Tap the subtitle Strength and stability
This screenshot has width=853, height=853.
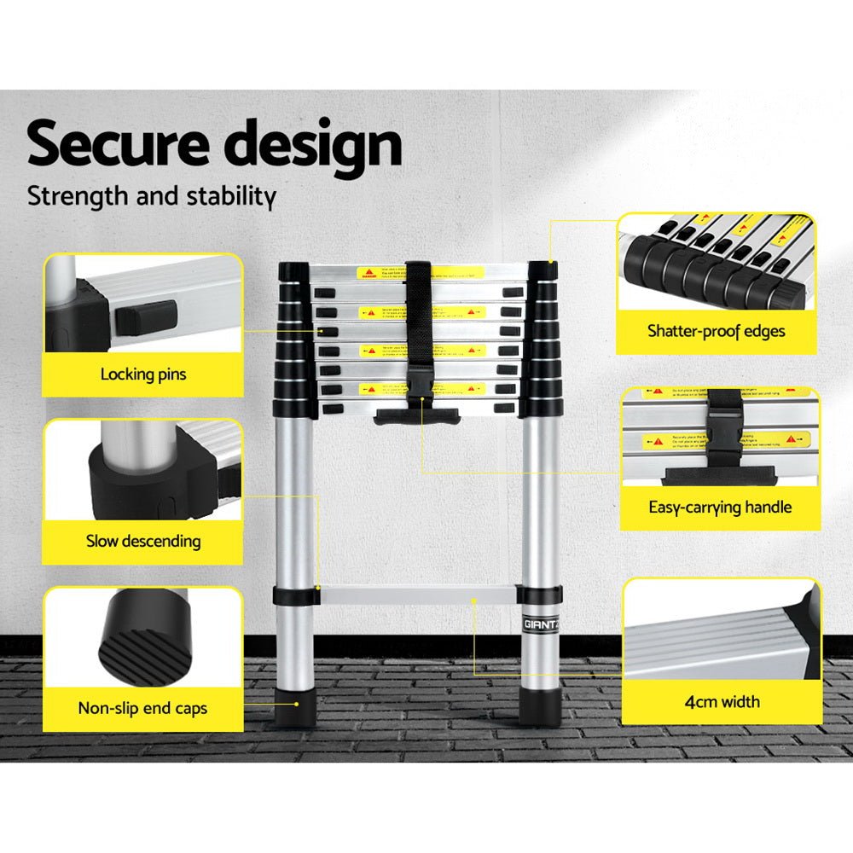pyautogui.click(x=151, y=195)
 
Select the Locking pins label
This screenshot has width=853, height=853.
pyautogui.click(x=142, y=374)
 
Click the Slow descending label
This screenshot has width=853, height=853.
pyautogui.click(x=142, y=541)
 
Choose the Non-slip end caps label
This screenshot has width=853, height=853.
pyautogui.click(x=142, y=708)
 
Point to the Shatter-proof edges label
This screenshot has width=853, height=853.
pyautogui.click(x=716, y=331)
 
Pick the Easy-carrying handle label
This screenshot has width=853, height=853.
pyautogui.click(x=720, y=508)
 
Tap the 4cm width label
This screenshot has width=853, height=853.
pyautogui.click(x=722, y=702)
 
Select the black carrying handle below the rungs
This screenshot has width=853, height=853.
pyautogui.click(x=418, y=415)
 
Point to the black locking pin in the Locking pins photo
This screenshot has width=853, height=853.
pyautogui.click(x=144, y=317)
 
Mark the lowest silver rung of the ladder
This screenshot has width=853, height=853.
pyautogui.click(x=418, y=595)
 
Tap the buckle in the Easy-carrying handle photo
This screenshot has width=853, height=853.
pyautogui.click(x=718, y=431)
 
